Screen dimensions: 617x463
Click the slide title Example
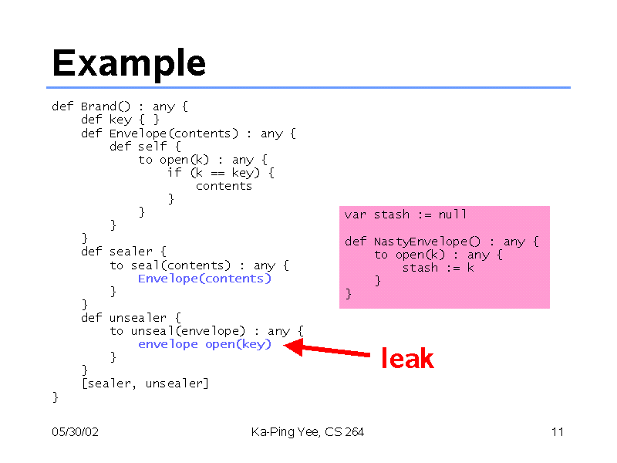pyautogui.click(x=129, y=63)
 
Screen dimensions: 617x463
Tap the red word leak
pyautogui.click(x=408, y=358)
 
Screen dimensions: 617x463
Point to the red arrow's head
pyautogui.click(x=293, y=346)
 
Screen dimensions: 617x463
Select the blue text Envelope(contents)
pyautogui.click(x=204, y=279)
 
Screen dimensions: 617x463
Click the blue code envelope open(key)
pyautogui.click(x=204, y=344)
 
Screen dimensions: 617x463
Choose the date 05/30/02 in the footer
pyautogui.click(x=75, y=432)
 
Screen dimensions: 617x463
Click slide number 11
pyautogui.click(x=558, y=432)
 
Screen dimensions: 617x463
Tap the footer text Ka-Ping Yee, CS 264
pyautogui.click(x=307, y=432)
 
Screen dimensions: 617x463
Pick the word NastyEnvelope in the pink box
pyautogui.click(x=420, y=242)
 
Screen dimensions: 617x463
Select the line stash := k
pyautogui.click(x=438, y=268)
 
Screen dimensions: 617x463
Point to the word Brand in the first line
pyautogui.click(x=99, y=106)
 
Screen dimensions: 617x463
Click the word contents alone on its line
pyautogui.click(x=224, y=186)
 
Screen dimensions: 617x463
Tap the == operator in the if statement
pyautogui.click(x=217, y=173)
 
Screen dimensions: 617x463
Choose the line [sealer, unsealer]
pyautogui.click(x=145, y=384)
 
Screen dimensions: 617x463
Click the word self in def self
pyautogui.click(x=152, y=146)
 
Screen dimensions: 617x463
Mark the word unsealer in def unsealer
pyautogui.click(x=138, y=318)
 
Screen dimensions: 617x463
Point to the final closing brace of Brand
pyautogui.click(x=56, y=397)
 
